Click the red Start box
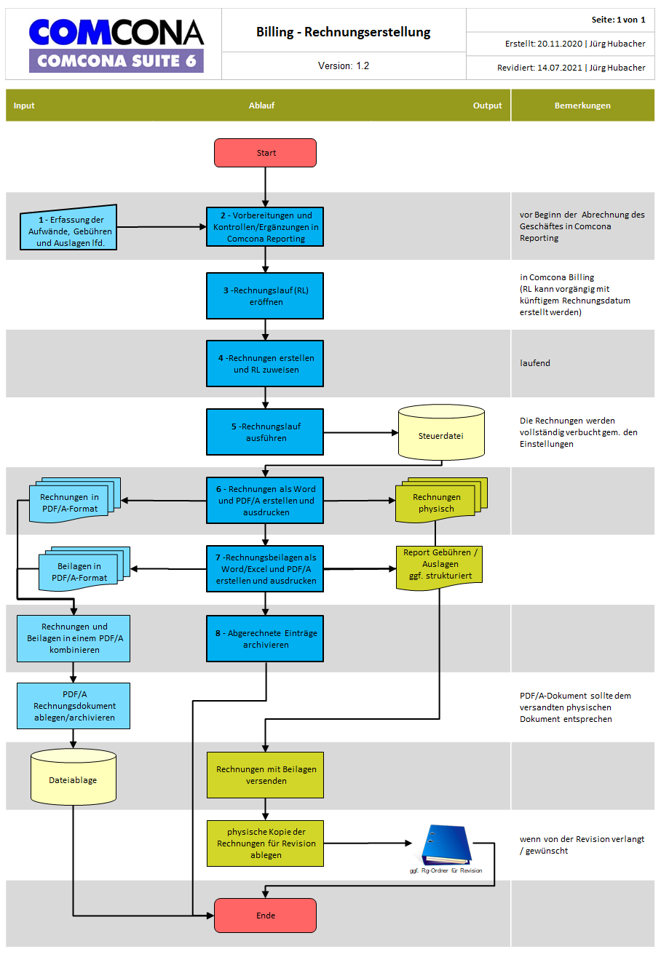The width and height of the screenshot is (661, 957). (x=265, y=153)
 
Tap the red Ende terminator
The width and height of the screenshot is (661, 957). (x=265, y=915)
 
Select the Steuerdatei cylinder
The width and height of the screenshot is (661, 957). (x=441, y=432)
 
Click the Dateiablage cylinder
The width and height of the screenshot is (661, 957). (x=73, y=777)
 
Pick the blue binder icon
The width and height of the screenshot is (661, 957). (x=446, y=845)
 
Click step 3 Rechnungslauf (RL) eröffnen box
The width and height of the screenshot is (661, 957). (x=265, y=295)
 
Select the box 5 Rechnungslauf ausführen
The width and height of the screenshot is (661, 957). (x=265, y=432)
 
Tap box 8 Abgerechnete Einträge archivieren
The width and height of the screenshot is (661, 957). (x=265, y=638)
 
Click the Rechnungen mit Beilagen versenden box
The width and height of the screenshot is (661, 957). (x=265, y=775)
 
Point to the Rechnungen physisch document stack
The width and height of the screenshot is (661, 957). (x=441, y=500)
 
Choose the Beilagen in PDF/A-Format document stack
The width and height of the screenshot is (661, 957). (x=84, y=568)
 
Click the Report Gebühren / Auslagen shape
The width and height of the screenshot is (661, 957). (x=439, y=568)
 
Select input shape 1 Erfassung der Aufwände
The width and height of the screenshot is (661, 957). (x=68, y=227)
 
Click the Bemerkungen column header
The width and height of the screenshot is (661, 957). (x=582, y=106)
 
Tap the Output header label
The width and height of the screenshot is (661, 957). (x=487, y=106)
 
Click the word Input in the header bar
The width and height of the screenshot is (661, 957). (x=24, y=106)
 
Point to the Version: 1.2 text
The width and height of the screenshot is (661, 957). (x=343, y=65)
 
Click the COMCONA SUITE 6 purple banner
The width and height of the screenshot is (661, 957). (x=116, y=60)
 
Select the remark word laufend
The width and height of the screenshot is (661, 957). (x=534, y=363)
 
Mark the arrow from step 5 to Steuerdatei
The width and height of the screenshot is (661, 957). (x=360, y=432)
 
